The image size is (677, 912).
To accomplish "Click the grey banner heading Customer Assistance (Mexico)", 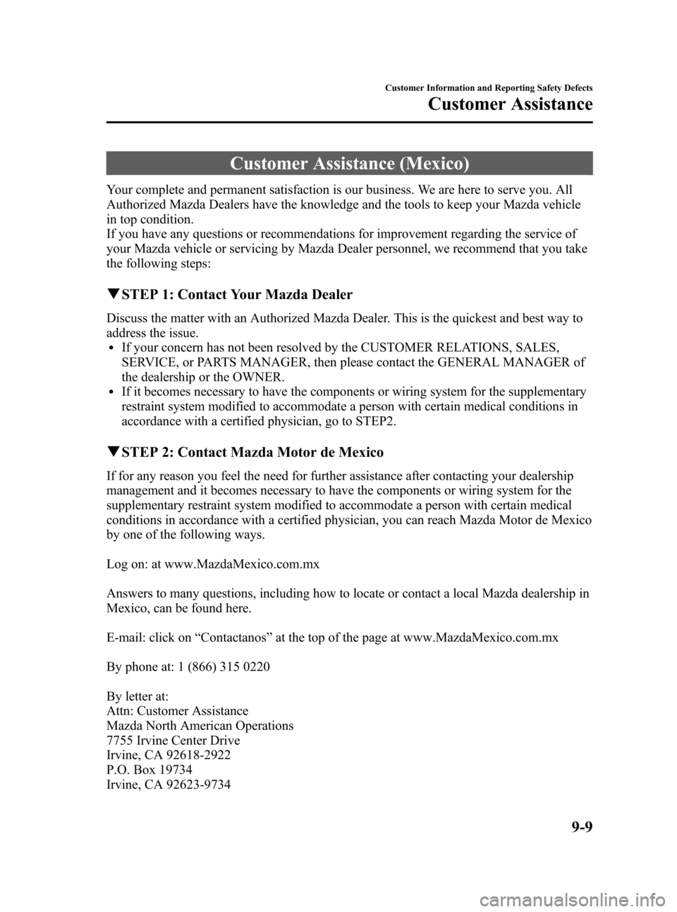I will tap(349, 164).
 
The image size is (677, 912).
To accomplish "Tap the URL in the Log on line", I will tap(243, 564).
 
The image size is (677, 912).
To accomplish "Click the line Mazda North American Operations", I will tap(200, 726).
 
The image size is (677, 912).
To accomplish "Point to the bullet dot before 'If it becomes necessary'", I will tap(114, 392).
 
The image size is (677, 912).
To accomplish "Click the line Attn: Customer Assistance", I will tap(178, 711).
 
